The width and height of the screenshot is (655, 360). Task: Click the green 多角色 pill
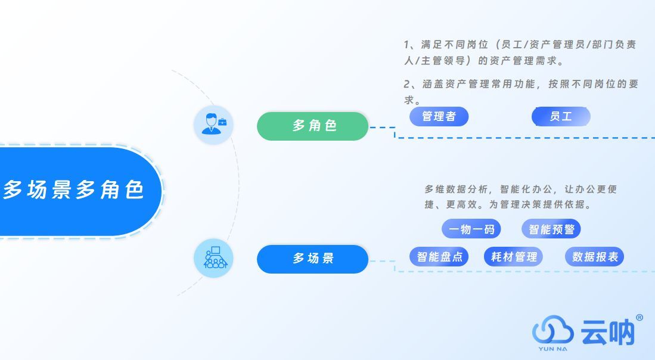click(312, 126)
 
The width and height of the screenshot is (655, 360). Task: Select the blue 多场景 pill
click(312, 259)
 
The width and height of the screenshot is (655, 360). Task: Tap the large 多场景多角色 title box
click(74, 191)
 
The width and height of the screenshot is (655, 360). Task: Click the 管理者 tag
click(439, 117)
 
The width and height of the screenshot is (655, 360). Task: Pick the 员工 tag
click(560, 117)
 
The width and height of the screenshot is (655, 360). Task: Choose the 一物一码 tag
click(471, 229)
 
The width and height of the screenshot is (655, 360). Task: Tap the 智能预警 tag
click(551, 229)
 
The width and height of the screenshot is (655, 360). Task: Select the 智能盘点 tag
click(439, 257)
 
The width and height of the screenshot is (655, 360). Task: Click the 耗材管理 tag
click(514, 257)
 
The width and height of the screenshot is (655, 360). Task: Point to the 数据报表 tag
click(594, 257)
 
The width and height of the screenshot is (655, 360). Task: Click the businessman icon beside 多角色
click(213, 125)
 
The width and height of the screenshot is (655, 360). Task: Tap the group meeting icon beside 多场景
click(213, 258)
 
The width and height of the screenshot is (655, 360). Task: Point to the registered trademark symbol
click(640, 318)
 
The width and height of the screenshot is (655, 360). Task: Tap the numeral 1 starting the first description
click(406, 45)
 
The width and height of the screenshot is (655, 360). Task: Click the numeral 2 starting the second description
click(407, 84)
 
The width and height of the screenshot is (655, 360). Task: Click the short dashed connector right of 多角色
click(382, 127)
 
